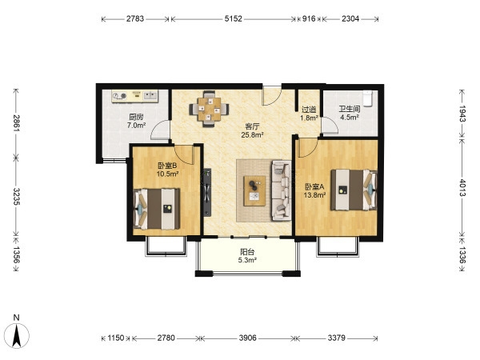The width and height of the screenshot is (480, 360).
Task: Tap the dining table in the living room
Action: [x=209, y=109]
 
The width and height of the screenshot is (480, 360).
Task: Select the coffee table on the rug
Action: [x=254, y=190]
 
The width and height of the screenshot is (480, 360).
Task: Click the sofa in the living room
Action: [x=281, y=190]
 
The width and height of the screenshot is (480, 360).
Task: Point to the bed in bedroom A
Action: [x=354, y=190]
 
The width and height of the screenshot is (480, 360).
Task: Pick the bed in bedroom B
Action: [x=157, y=209]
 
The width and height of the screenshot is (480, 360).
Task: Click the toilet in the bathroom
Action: [x=367, y=98]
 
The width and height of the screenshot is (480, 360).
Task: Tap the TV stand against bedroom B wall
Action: [x=207, y=193]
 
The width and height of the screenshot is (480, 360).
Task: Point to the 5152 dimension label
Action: [x=234, y=18]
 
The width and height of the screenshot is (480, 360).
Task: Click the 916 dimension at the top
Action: [x=309, y=18]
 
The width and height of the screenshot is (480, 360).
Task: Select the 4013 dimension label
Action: [x=462, y=188]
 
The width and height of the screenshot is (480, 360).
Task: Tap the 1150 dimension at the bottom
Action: [x=115, y=338]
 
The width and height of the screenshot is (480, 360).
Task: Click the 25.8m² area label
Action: [x=252, y=134]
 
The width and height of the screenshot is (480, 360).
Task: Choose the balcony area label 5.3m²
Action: [x=247, y=260]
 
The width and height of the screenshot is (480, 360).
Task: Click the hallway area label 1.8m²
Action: [x=309, y=118]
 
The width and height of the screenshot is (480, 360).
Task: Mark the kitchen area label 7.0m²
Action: [x=136, y=125]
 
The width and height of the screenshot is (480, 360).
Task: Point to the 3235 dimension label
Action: [x=17, y=197]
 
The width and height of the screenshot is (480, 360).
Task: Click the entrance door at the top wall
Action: [x=272, y=95]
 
